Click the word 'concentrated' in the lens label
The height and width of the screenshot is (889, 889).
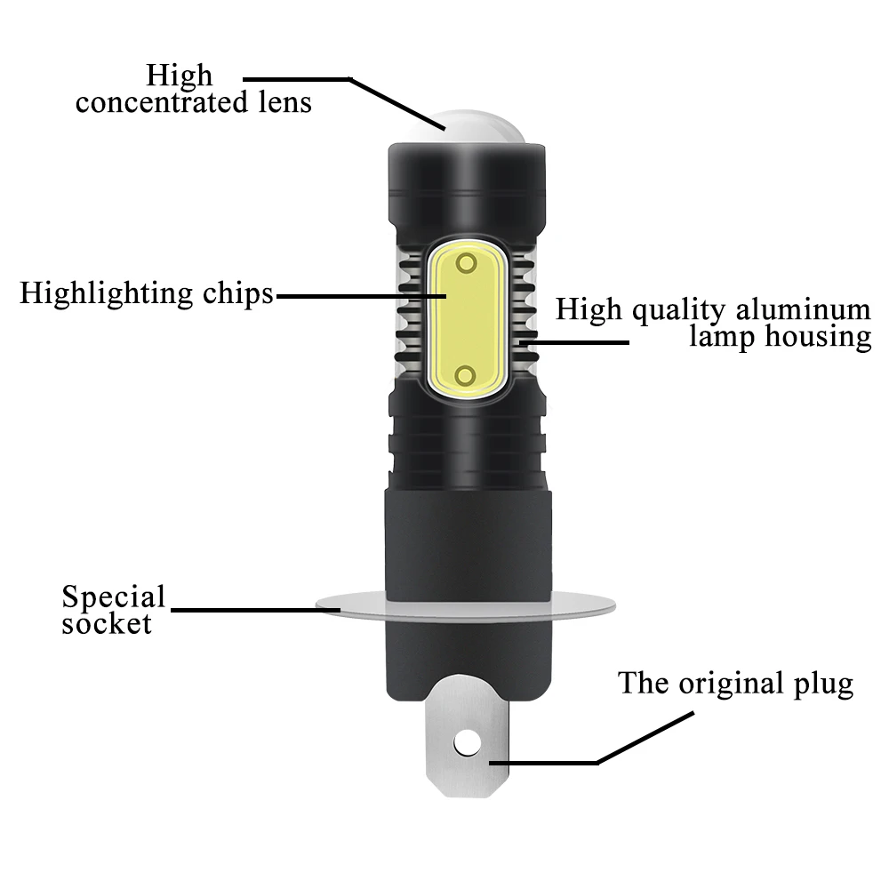[x=162, y=102]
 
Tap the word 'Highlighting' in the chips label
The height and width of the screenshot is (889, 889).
[x=106, y=294]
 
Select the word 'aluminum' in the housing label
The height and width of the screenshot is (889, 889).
[x=804, y=309]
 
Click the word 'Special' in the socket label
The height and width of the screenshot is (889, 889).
[x=114, y=597]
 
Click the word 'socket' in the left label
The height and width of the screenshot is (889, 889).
[x=107, y=624]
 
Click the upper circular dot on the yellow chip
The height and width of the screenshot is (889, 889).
[x=467, y=263]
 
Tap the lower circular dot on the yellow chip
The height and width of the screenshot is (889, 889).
[x=466, y=375]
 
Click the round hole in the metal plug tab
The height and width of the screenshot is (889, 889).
[x=468, y=743]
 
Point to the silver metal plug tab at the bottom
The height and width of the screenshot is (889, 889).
[x=468, y=737]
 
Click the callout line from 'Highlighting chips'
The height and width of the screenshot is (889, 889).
[x=361, y=296]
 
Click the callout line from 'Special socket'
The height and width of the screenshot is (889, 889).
[x=255, y=610]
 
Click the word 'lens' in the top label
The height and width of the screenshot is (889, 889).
[x=285, y=102]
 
